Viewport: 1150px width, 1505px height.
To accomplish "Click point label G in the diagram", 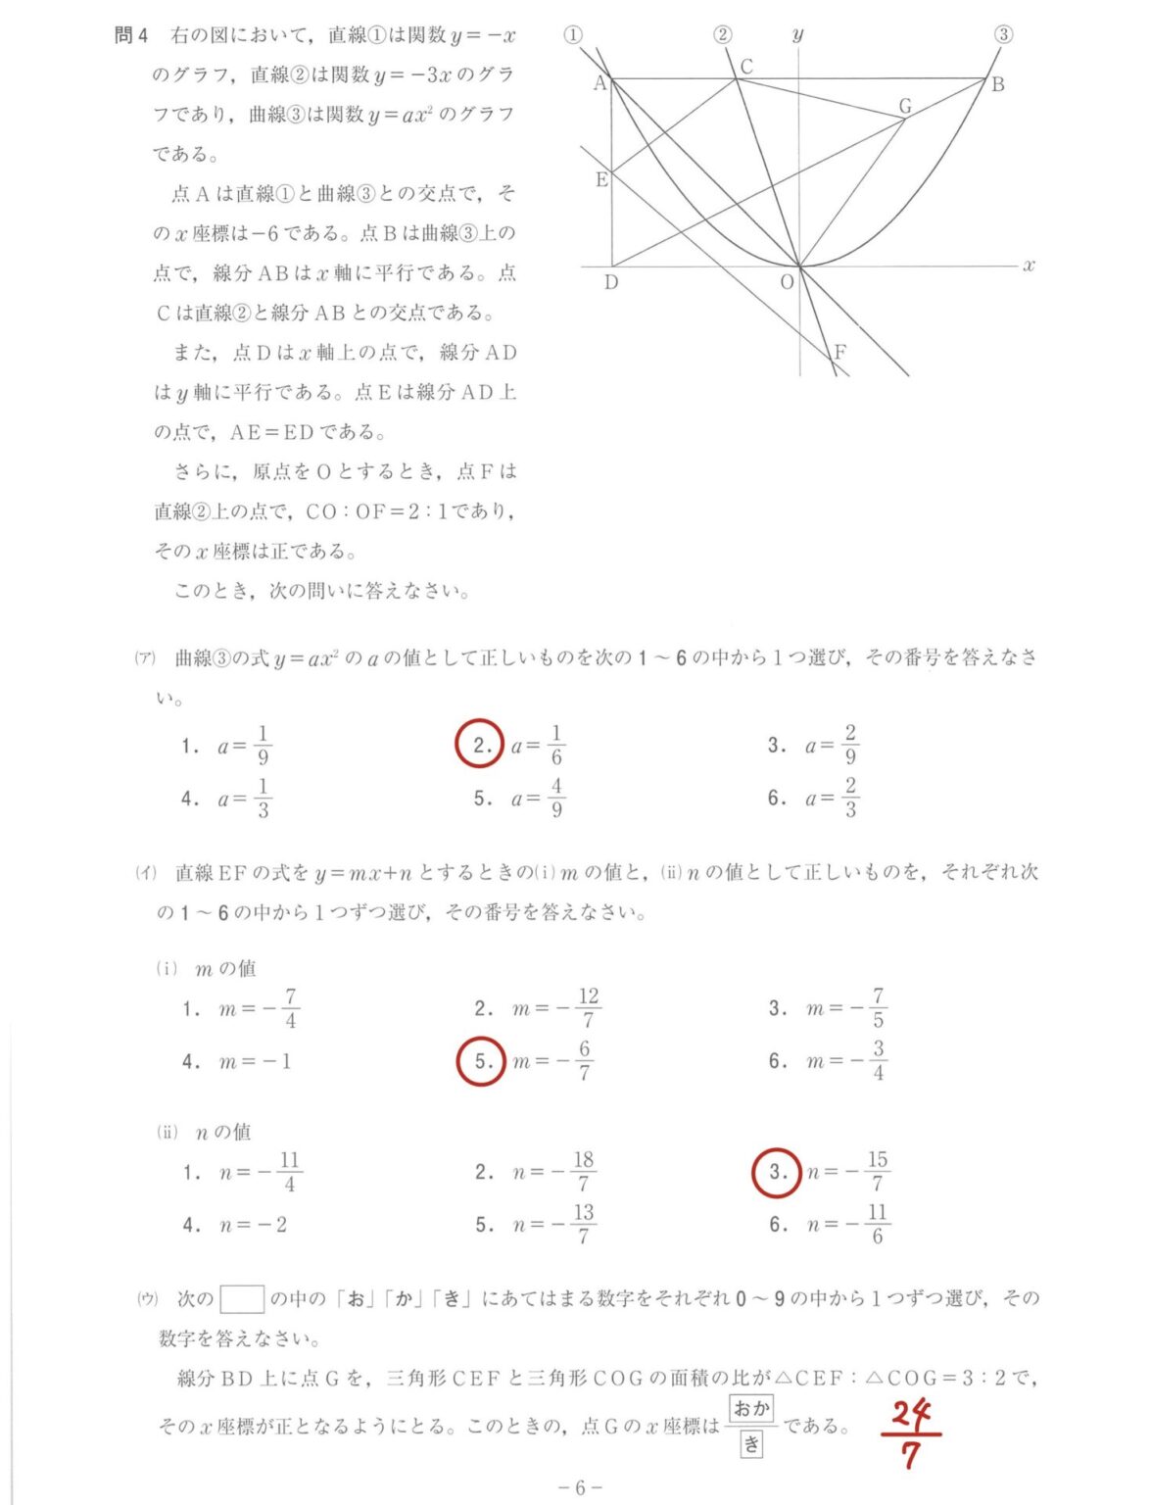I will point(904,106).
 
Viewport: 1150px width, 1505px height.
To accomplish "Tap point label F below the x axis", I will point(839,352).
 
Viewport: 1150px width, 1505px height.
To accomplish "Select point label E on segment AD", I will point(600,180).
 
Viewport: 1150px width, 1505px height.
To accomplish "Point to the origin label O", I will point(786,282).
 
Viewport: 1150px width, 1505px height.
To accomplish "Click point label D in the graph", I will point(610,283).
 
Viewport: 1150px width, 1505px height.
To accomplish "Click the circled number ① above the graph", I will point(573,34).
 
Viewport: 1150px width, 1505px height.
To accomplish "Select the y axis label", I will point(798,35).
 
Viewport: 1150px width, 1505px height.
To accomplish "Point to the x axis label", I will point(1029,265).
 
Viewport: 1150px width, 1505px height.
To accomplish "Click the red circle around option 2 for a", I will point(480,746).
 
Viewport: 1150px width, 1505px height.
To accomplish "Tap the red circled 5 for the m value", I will point(481,1061).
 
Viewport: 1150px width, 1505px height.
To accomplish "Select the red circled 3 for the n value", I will point(776,1172).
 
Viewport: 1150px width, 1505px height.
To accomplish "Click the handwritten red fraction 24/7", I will point(911,1432).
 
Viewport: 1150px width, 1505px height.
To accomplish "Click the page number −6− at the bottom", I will point(580,1487).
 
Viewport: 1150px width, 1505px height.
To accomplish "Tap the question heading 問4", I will point(130,35).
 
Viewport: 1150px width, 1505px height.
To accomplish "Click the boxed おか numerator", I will point(751,1409).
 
